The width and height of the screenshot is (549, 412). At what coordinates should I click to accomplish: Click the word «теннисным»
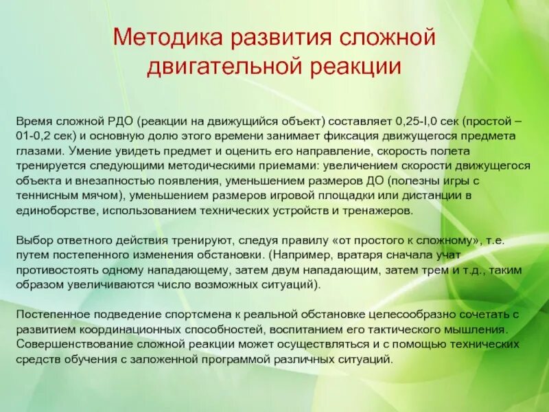[x=49, y=196]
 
